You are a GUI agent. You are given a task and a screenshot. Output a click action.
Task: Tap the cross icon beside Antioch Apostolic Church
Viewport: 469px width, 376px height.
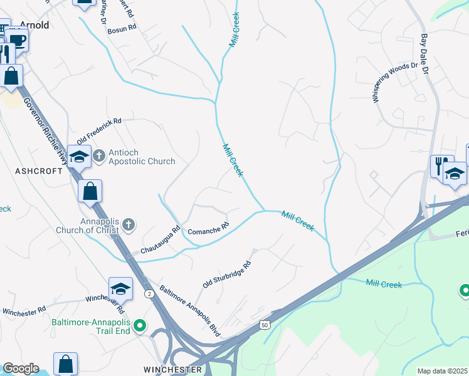click(99, 155)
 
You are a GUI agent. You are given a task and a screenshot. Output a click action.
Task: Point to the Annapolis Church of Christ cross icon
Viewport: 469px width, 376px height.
click(129, 224)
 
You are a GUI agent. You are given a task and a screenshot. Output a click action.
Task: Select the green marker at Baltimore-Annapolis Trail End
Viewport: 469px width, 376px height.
click(141, 326)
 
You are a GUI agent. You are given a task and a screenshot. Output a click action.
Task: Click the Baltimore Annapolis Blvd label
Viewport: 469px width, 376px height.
click(189, 308)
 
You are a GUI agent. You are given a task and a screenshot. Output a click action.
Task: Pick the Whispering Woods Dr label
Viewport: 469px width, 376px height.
click(394, 83)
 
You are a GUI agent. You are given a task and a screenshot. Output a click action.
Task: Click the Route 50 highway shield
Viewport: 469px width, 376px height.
click(264, 323)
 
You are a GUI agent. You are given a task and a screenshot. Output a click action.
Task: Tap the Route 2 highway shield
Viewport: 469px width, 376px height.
click(149, 293)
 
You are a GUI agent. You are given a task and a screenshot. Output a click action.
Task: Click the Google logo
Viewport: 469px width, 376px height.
click(21, 368)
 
